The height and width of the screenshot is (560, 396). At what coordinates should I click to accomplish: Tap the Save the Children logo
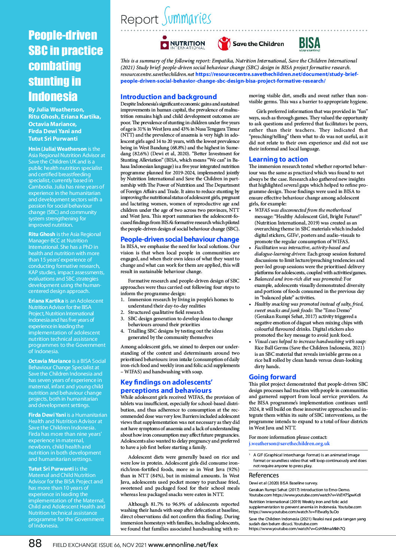[251, 44]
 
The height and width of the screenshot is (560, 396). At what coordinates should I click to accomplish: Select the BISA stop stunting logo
[310, 44]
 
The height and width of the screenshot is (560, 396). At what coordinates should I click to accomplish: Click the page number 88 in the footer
[35, 543]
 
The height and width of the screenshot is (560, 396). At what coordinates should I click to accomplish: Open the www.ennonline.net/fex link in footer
[183, 545]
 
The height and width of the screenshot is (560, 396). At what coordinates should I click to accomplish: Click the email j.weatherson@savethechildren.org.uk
[289, 443]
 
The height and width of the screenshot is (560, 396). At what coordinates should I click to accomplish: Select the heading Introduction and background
[168, 97]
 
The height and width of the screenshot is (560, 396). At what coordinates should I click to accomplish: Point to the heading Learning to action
[278, 159]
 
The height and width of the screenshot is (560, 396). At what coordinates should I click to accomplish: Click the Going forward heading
[272, 377]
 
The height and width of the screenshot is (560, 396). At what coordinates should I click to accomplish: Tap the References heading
[264, 475]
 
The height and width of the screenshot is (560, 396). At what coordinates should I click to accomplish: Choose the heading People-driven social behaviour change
[180, 239]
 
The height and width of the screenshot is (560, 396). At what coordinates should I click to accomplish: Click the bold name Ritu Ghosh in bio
[42, 234]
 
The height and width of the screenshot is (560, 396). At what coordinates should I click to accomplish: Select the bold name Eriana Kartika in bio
[46, 301]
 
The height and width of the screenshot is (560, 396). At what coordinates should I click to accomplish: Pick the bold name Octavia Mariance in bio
[49, 361]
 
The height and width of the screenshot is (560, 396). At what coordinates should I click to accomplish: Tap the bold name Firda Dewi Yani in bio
[47, 415]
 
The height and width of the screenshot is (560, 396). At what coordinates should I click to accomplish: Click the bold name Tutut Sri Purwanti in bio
[51, 469]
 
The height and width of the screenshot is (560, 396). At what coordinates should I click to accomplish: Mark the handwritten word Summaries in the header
[187, 17]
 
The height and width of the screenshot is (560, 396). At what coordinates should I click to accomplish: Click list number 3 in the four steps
[122, 319]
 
